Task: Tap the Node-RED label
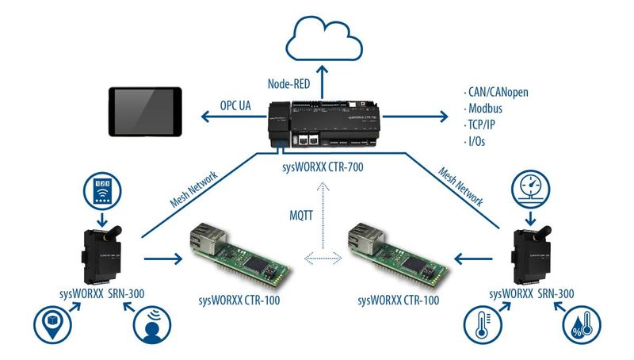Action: (288, 84)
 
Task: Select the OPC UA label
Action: (235, 105)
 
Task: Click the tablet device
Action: (145, 112)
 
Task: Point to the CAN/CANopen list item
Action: (496, 92)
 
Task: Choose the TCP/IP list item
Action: (479, 124)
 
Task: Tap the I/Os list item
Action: (474, 141)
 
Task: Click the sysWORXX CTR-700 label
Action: (323, 167)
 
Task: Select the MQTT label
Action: (301, 215)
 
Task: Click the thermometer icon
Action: (483, 324)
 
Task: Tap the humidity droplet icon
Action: (582, 325)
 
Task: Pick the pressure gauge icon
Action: (530, 189)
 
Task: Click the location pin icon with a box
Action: (52, 324)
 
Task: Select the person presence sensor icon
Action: (152, 325)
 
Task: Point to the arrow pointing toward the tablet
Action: (233, 117)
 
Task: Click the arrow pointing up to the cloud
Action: (323, 82)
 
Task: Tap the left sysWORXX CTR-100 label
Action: (239, 301)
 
